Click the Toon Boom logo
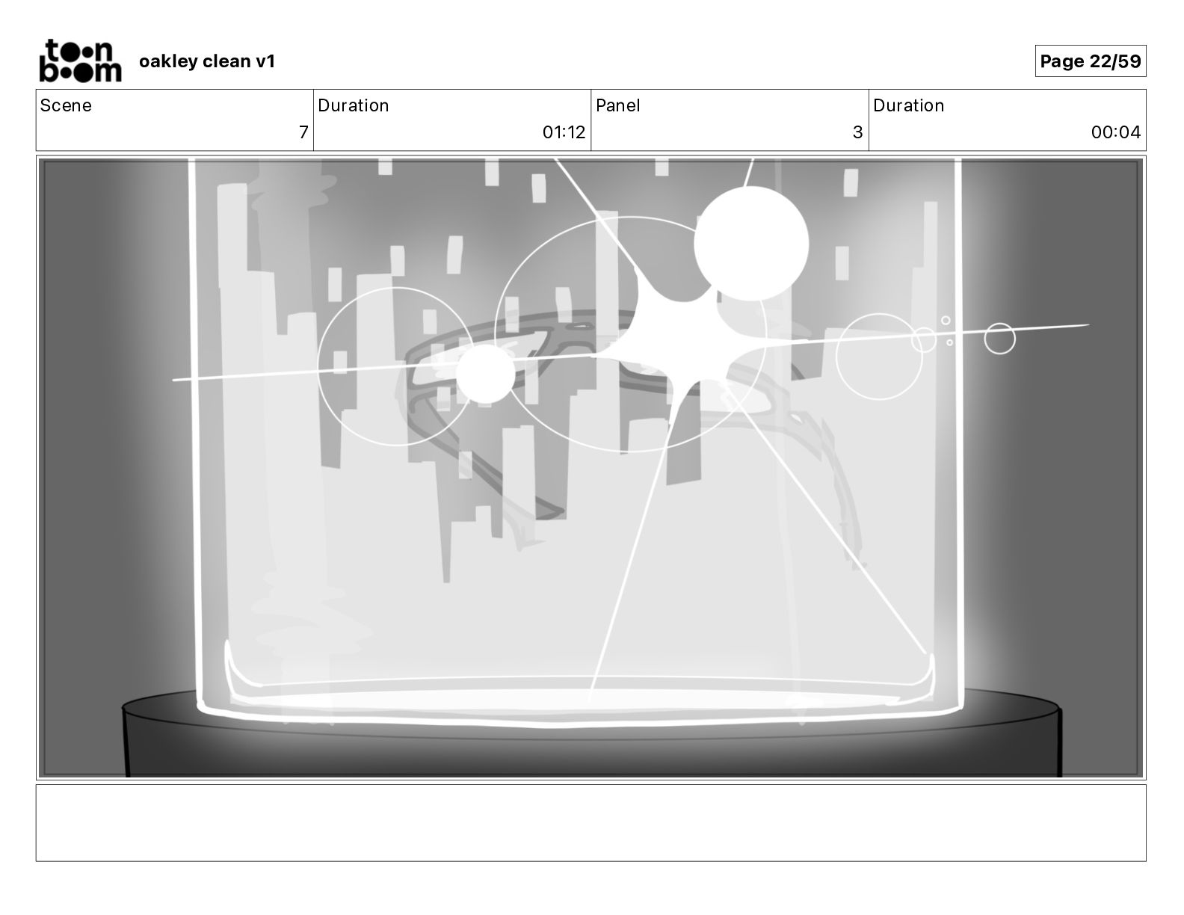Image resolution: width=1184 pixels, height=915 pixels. pyautogui.click(x=81, y=61)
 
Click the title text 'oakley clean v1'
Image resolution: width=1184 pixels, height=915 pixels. pyautogui.click(x=207, y=61)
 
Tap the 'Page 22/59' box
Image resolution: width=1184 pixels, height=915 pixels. pyautogui.click(x=1091, y=61)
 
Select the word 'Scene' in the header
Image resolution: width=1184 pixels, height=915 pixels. pyautogui.click(x=66, y=105)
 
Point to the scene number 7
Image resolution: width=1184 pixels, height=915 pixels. pyautogui.click(x=303, y=132)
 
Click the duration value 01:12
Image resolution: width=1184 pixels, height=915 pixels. pyautogui.click(x=564, y=132)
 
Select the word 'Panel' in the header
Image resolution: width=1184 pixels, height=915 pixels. pyautogui.click(x=618, y=105)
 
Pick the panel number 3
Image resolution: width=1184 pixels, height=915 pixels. pyautogui.click(x=857, y=132)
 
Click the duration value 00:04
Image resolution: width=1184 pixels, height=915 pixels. pyautogui.click(x=1115, y=132)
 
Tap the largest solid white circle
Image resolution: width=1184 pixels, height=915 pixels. pyautogui.click(x=750, y=244)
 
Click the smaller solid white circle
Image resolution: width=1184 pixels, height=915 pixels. pyautogui.click(x=485, y=374)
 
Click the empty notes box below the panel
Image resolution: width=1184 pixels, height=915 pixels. pyautogui.click(x=591, y=823)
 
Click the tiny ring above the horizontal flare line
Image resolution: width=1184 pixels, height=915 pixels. pyautogui.click(x=946, y=321)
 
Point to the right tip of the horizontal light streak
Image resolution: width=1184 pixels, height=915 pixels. pyautogui.click(x=1089, y=325)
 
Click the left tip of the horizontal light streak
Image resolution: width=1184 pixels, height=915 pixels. pyautogui.click(x=173, y=380)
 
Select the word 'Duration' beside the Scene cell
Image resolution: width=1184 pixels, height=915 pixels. pyautogui.click(x=353, y=105)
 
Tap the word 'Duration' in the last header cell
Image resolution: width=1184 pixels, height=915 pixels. pyautogui.click(x=908, y=105)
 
